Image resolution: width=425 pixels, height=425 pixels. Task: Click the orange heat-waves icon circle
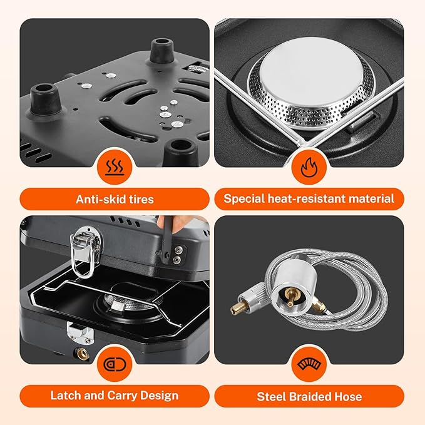(115, 168)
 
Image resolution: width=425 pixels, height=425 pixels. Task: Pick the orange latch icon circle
(115, 364)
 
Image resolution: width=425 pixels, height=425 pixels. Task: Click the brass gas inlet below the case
(82, 355)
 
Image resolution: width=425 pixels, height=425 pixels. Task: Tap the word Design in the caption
(161, 396)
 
